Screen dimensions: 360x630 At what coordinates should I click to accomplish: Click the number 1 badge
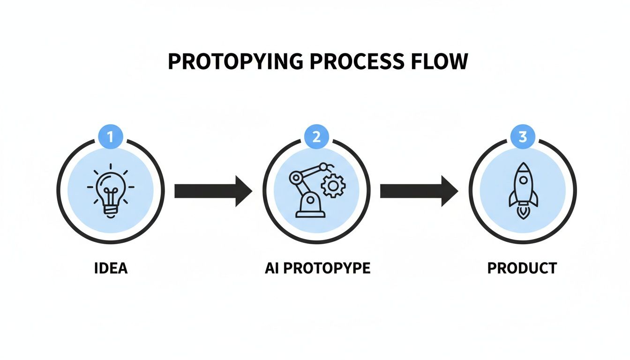111,137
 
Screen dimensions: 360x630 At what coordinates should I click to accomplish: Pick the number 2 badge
316,137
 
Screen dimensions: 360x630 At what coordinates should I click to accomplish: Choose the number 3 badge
523,137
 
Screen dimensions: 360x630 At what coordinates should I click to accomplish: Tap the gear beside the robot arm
333,186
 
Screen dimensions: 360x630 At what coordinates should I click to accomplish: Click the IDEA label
111,269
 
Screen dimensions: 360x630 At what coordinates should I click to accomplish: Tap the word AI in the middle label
271,269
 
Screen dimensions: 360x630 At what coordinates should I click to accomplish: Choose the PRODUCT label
522,269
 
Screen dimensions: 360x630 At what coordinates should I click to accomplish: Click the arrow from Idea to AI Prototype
213,191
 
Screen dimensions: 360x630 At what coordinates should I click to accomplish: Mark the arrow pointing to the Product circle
419,191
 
